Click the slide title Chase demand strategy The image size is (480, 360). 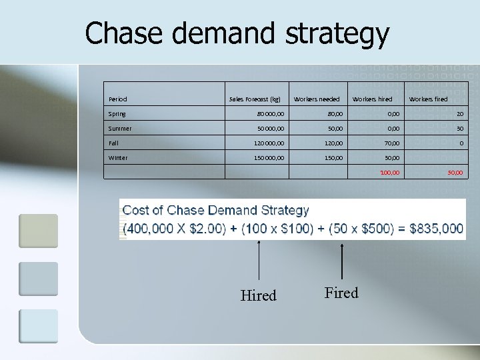click(x=237, y=33)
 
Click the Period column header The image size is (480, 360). click(x=117, y=99)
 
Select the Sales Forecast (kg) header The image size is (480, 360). click(x=255, y=99)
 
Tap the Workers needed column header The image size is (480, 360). click(x=317, y=99)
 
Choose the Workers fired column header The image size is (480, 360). click(x=428, y=99)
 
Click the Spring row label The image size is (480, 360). click(x=117, y=114)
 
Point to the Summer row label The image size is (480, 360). click(x=120, y=129)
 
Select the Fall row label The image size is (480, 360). click(x=115, y=143)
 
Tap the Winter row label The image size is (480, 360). click(x=118, y=158)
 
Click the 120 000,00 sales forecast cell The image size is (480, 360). click(x=267, y=143)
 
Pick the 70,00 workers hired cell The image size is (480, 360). click(x=391, y=143)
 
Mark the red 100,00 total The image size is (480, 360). click(x=390, y=173)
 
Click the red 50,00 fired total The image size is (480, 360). click(x=455, y=173)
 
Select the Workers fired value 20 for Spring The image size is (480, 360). click(x=459, y=114)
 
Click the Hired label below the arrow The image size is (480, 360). click(x=258, y=295)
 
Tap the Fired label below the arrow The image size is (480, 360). click(x=341, y=293)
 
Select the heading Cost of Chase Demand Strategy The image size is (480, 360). click(x=216, y=210)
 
